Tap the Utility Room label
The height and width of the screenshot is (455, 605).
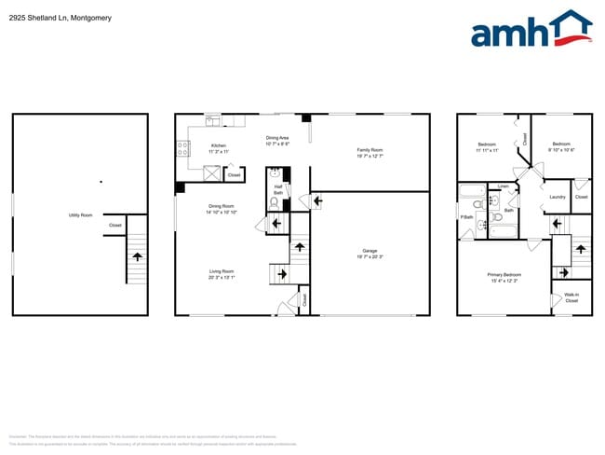click(80, 215)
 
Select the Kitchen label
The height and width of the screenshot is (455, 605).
click(218, 146)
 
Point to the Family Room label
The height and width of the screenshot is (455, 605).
click(370, 150)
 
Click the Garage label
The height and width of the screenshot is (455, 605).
click(370, 251)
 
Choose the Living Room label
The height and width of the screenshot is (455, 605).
click(222, 272)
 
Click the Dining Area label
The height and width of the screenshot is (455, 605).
click(277, 138)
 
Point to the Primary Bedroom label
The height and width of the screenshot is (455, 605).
click(504, 275)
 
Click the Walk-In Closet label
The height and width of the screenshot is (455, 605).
click(571, 298)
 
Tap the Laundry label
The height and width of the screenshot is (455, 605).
click(558, 197)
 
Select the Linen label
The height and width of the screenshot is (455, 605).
click(503, 186)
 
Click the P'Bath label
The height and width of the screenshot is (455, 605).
click(466, 217)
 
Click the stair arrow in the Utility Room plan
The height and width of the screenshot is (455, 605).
click(137, 255)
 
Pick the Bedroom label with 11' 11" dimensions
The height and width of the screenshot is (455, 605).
click(487, 145)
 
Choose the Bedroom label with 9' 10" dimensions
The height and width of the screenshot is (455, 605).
click(560, 145)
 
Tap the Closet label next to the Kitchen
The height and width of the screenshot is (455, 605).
click(235, 174)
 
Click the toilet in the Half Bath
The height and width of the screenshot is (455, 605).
click(274, 200)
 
